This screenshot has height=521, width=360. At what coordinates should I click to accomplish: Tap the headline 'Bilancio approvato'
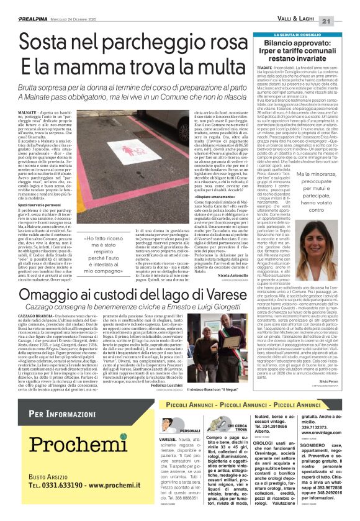[303, 44]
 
